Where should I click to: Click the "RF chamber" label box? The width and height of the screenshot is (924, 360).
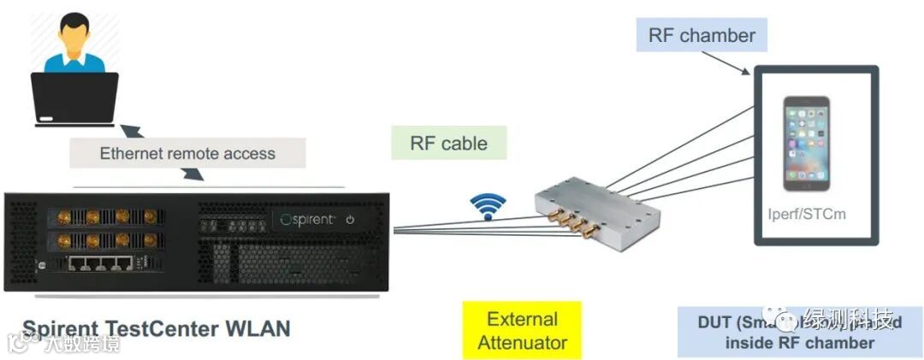(x=702, y=36)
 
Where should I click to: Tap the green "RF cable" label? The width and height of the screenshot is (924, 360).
(x=448, y=143)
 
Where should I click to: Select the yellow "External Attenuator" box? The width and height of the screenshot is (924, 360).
(x=522, y=331)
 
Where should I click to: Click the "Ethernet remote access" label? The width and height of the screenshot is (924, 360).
(x=187, y=154)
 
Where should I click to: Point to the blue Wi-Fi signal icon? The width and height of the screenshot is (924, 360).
(x=487, y=206)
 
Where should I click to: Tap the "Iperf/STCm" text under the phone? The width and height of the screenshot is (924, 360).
(x=806, y=213)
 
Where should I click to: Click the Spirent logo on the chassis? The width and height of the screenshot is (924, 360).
(x=310, y=220)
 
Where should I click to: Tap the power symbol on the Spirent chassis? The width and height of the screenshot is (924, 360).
(x=350, y=221)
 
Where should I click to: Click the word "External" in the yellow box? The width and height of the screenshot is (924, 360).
(x=522, y=320)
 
